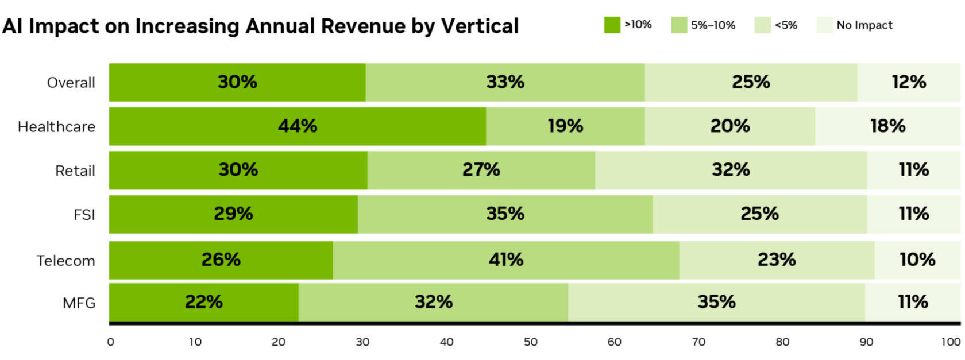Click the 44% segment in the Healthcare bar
tap(297, 126)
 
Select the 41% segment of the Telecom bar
tap(505, 260)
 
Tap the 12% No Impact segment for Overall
tap(909, 82)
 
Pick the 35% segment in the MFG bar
tap(716, 302)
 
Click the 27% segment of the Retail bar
tap(481, 170)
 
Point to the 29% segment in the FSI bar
tap(233, 214)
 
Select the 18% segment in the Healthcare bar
tap(887, 126)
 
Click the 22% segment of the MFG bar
tap(203, 302)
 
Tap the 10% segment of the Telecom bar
tap(917, 260)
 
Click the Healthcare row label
tap(56, 127)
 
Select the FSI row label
tap(84, 215)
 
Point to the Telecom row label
tap(65, 261)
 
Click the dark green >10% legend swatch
tap(612, 25)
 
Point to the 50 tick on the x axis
tap(530, 342)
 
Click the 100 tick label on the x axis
tap(951, 342)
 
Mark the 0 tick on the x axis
tap(110, 342)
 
